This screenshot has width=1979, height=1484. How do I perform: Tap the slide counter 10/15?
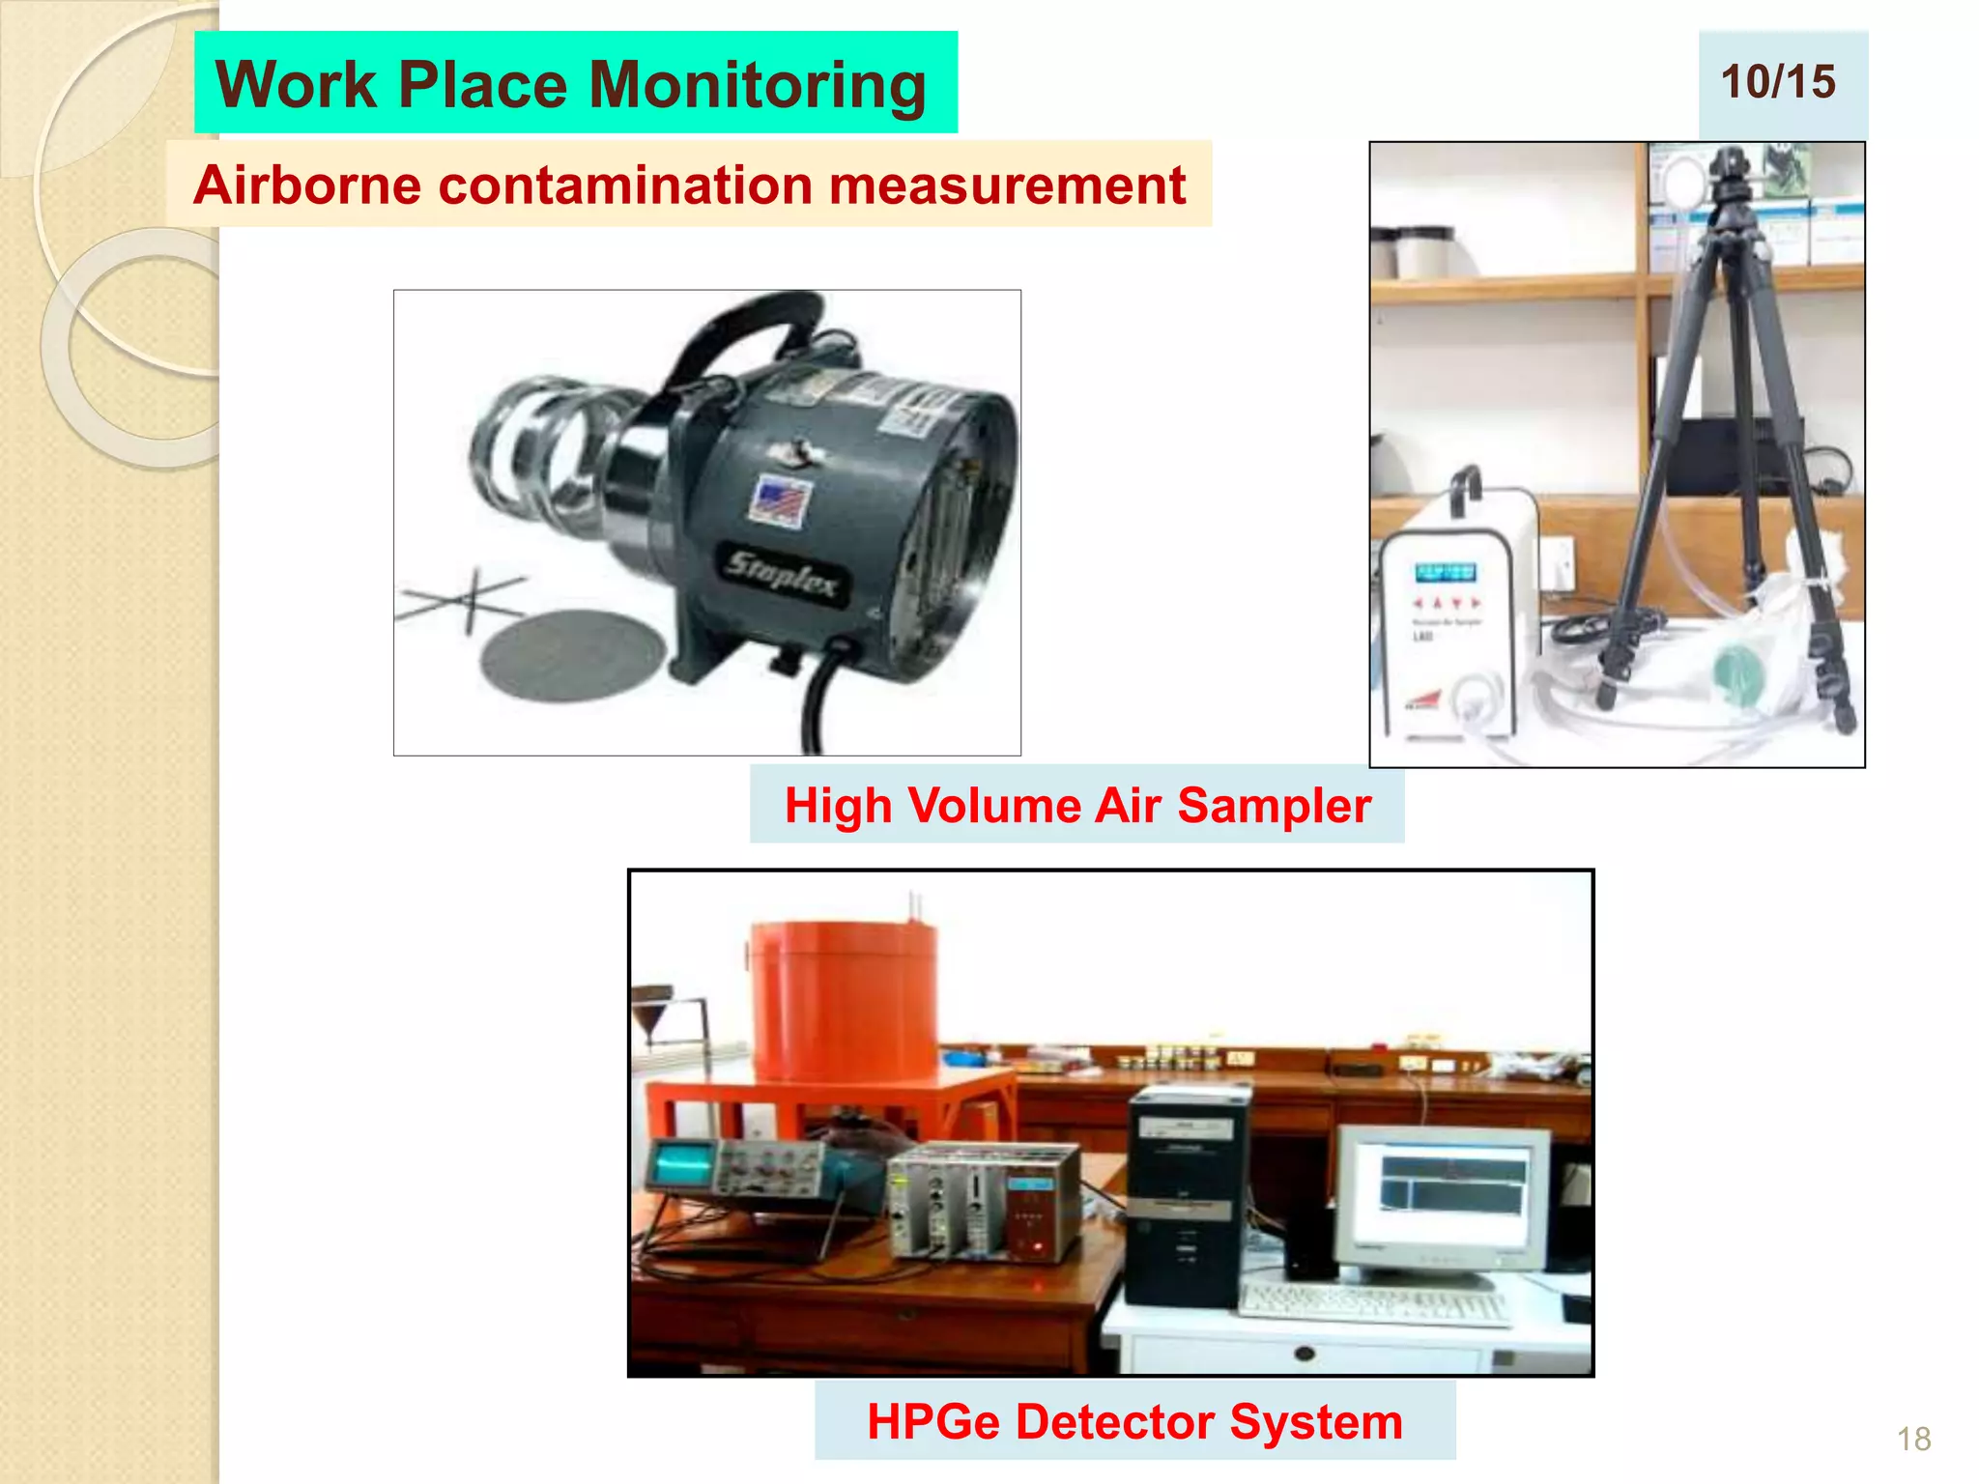coord(1778,82)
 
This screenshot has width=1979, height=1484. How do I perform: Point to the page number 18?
coord(1913,1439)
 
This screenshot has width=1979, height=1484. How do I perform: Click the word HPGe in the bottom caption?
coord(933,1421)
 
